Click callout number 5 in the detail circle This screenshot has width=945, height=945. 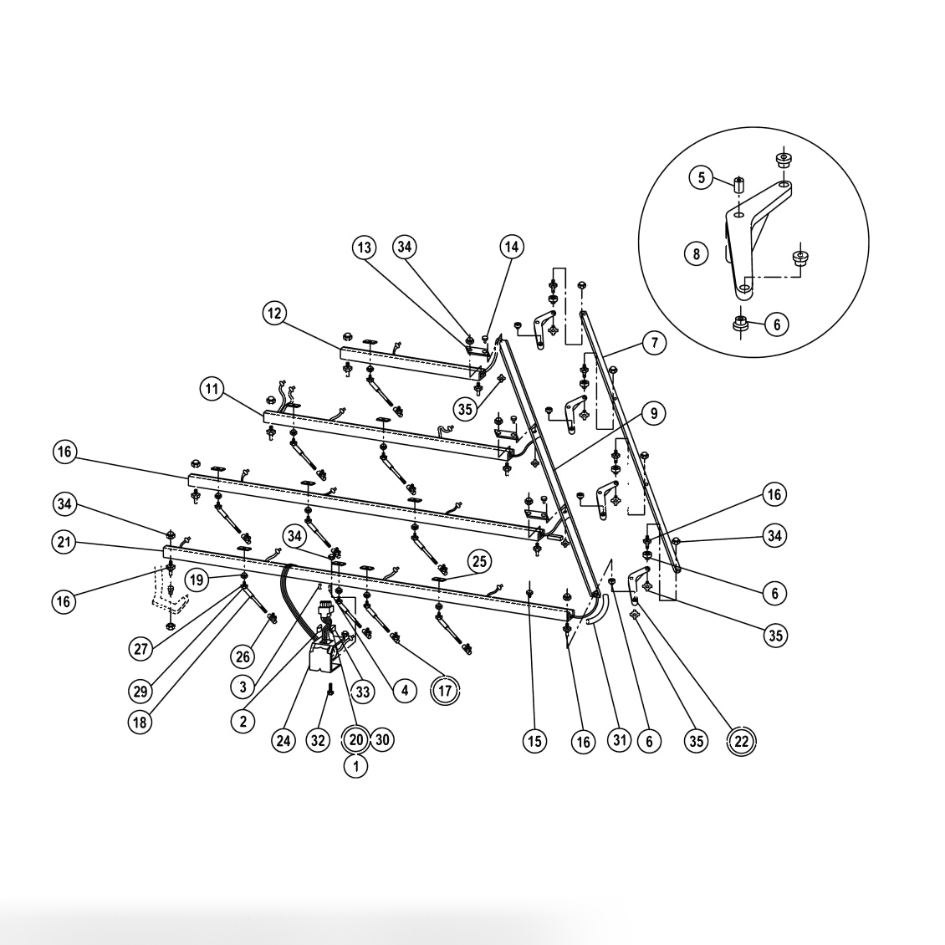[x=701, y=177]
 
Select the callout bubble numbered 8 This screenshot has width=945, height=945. [x=696, y=253]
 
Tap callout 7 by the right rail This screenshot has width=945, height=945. [x=655, y=342]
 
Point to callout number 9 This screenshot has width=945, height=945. [x=655, y=412]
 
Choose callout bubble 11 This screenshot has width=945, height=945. [x=212, y=389]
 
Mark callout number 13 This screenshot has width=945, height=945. [x=364, y=248]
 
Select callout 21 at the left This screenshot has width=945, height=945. [x=64, y=543]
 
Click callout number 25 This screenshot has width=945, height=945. [x=479, y=560]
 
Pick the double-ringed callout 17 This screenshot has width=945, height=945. [x=445, y=691]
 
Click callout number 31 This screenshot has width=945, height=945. [x=618, y=740]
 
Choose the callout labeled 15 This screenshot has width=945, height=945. [x=534, y=740]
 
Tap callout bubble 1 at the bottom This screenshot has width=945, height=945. [x=355, y=764]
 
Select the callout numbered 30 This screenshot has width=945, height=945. [x=382, y=740]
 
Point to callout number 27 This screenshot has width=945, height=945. [x=141, y=647]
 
